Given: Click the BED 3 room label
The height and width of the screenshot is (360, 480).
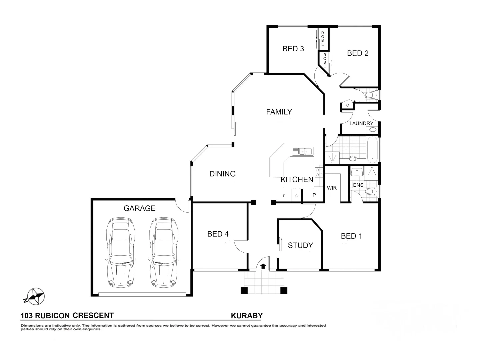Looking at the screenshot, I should (293, 49).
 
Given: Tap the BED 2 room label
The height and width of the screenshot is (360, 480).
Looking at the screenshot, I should (358, 53).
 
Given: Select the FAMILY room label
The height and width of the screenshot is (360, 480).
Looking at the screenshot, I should (279, 112).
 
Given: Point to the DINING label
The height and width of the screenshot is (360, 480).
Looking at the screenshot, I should (222, 174).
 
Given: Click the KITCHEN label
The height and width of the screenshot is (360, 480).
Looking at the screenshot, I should (297, 180).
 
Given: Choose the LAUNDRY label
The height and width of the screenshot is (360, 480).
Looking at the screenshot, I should (361, 123).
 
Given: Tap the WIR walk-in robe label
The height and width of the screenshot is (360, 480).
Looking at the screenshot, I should (332, 188).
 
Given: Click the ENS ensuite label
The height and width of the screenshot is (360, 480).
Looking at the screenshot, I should (358, 185).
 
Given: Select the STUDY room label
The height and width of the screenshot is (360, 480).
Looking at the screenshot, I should (300, 245).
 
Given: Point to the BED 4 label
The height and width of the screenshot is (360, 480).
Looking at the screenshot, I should (218, 234).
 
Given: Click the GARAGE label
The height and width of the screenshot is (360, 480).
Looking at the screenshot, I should (139, 208).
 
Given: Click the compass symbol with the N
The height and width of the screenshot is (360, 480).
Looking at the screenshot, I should (35, 296).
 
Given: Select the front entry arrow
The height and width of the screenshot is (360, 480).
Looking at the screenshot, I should (263, 266).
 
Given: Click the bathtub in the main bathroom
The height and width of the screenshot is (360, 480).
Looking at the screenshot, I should (372, 149).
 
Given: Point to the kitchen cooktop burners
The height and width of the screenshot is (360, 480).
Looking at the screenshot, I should (319, 172).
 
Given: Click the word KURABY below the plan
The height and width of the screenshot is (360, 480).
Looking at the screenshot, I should (247, 316).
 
